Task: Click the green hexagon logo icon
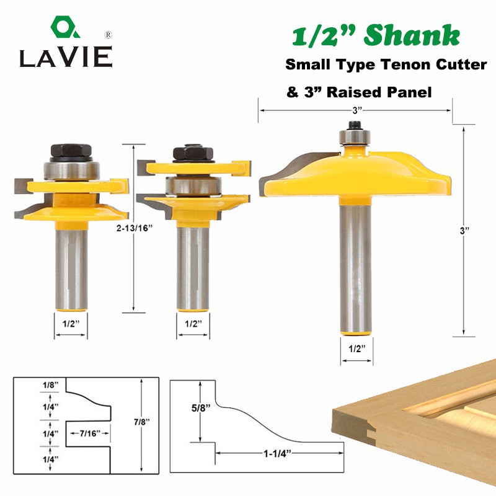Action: [65, 27]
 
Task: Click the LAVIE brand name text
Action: [66, 57]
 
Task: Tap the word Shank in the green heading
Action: [412, 35]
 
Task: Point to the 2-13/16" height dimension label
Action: [135, 228]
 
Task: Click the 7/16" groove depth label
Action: [90, 433]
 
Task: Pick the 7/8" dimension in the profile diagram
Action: [141, 422]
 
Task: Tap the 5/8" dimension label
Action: [201, 408]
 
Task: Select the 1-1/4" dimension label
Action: [277, 453]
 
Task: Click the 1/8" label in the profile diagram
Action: [51, 385]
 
